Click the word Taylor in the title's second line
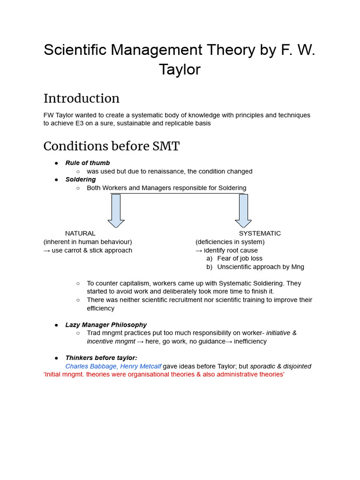(x=180, y=69)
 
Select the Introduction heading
(x=82, y=98)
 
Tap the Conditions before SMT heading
(x=111, y=146)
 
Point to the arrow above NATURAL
(x=116, y=210)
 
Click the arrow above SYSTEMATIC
(x=243, y=210)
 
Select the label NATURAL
(x=80, y=233)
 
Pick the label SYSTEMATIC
(x=260, y=233)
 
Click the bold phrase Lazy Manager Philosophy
(x=106, y=325)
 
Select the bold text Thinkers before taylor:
(x=101, y=358)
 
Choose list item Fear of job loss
(x=240, y=258)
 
